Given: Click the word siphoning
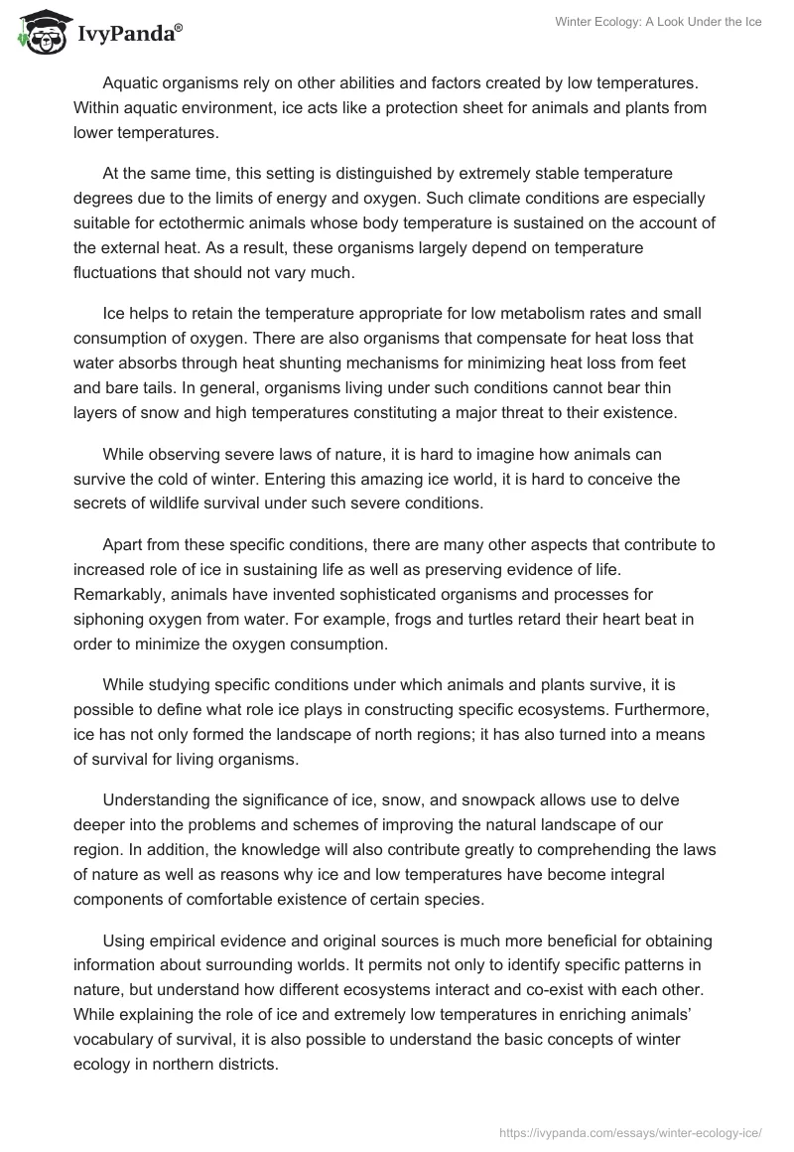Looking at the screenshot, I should (109, 620).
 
